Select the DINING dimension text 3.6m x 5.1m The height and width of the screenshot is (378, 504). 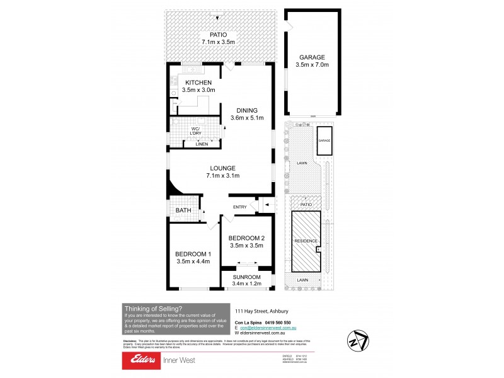point(247,118)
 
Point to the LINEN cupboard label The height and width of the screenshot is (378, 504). point(202,144)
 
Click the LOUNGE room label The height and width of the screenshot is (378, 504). point(223,168)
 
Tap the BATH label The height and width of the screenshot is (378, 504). point(183,210)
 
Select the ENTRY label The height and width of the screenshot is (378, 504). point(240,207)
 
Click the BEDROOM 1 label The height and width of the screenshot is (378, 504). point(192,253)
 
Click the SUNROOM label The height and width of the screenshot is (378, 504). point(246,277)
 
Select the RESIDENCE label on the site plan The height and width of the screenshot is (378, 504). point(306,241)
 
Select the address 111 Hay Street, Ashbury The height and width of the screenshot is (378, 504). point(261,311)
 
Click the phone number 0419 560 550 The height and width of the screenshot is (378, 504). point(278,323)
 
